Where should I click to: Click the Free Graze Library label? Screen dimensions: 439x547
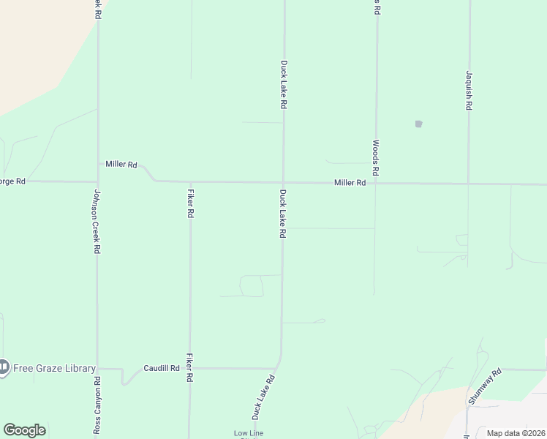click(x=55, y=367)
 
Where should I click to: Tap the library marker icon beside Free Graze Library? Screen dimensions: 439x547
click(x=4, y=367)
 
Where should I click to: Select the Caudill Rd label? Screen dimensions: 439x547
click(x=162, y=368)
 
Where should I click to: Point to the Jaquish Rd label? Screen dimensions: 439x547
click(x=469, y=91)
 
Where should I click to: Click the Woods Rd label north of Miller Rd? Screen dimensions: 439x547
click(x=376, y=158)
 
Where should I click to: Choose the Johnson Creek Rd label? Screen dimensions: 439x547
click(x=97, y=222)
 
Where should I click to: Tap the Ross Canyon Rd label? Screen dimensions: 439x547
click(x=97, y=406)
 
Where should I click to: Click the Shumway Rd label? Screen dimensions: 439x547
click(x=486, y=387)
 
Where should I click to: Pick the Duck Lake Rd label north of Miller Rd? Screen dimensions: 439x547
click(x=283, y=85)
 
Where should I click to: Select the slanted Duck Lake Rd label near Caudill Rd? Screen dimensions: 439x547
click(x=263, y=397)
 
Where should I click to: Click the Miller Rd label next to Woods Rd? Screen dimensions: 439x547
click(x=350, y=183)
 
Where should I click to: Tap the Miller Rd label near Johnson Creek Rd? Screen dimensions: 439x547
click(x=121, y=165)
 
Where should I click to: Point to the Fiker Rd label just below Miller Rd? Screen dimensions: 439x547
click(x=190, y=204)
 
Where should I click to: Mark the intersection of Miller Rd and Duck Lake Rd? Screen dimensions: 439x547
click(x=284, y=182)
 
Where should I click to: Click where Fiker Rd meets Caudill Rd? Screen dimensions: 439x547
click(x=190, y=369)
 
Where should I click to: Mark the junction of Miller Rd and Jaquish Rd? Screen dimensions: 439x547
click(x=468, y=184)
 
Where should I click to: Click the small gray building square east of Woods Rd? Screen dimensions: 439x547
click(x=418, y=124)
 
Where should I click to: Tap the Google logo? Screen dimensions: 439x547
click(x=24, y=430)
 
